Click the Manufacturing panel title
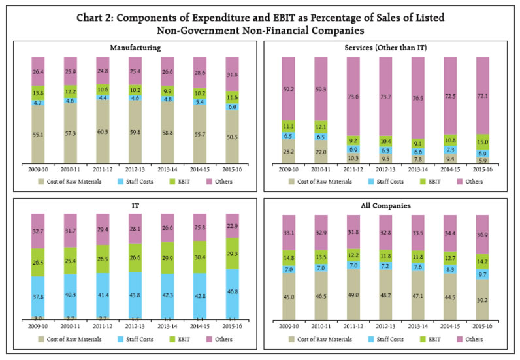tap(131, 47)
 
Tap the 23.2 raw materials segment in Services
tap(290, 151)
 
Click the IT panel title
tap(131, 205)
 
